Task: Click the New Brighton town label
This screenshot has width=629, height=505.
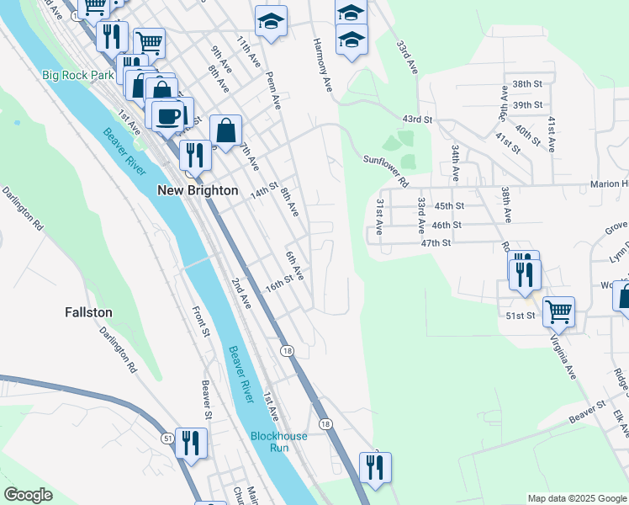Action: [198, 191]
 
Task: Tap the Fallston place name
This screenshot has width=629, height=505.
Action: [88, 311]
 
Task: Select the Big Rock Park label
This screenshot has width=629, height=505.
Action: [77, 75]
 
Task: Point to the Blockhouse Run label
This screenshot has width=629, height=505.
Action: [278, 442]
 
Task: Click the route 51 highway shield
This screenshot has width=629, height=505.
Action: [168, 438]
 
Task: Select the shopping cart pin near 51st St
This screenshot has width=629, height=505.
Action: [558, 311]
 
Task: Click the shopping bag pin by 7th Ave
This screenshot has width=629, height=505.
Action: [225, 130]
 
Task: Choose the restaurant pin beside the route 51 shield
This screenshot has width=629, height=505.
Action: [191, 442]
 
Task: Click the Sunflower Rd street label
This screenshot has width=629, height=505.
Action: [385, 169]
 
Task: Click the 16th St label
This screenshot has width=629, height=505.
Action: [278, 281]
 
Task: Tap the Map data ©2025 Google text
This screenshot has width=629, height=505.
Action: [576, 498]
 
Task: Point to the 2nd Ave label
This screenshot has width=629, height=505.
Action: [240, 289]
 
